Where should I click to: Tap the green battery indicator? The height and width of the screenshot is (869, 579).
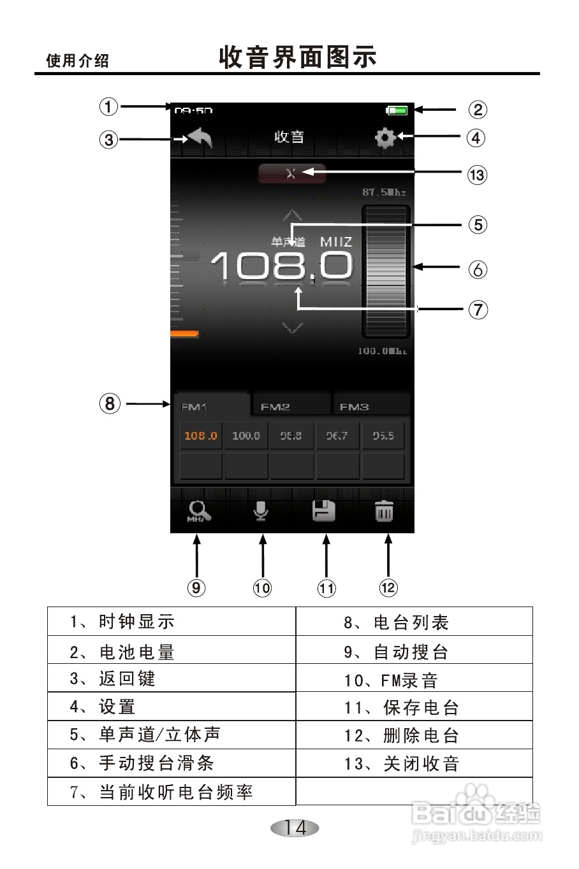point(397,111)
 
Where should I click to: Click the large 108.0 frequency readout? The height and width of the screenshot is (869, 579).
point(281,265)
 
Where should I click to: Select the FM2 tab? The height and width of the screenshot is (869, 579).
point(275,406)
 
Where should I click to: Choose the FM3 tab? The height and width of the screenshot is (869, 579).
point(355,406)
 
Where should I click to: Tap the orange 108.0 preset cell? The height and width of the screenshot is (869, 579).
point(201,436)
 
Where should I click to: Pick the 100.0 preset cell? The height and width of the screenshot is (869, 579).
point(246,436)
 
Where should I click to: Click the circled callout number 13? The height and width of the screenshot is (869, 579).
point(477,175)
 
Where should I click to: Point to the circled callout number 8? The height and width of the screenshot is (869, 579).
point(110,403)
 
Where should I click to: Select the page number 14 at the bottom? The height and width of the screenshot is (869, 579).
point(295,828)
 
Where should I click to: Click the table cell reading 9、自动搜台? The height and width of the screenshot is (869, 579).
point(414,651)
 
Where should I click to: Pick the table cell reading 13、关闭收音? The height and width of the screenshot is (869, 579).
point(414,763)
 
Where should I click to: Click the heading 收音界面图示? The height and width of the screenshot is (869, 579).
point(297,57)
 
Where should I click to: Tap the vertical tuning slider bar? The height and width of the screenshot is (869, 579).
point(386,271)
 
